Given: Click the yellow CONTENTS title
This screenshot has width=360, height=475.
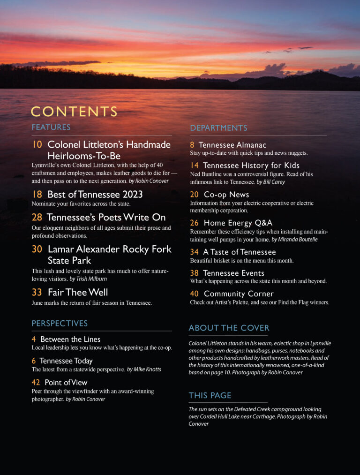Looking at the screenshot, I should [74, 112].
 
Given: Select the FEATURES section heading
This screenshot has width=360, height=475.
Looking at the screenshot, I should [51, 128].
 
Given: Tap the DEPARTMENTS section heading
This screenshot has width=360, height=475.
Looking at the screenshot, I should [218, 128].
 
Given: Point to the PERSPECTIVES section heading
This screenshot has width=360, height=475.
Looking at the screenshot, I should [60, 324].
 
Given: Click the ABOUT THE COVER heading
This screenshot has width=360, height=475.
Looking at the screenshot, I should [229, 328].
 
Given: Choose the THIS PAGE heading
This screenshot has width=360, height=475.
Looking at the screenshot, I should [210, 395].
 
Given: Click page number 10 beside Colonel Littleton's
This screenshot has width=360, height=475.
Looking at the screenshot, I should [37, 144].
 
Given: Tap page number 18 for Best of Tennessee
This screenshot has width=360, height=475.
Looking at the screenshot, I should [37, 194].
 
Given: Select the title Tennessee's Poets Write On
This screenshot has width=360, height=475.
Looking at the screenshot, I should [106, 218].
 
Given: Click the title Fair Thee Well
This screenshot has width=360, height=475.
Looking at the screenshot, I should [78, 292].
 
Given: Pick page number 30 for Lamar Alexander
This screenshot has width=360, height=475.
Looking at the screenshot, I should [37, 249].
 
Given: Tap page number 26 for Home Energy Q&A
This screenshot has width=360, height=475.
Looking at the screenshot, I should [194, 223].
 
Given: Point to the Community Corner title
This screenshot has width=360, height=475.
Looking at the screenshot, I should [239, 294].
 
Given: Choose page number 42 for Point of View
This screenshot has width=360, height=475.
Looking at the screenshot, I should [36, 383].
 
